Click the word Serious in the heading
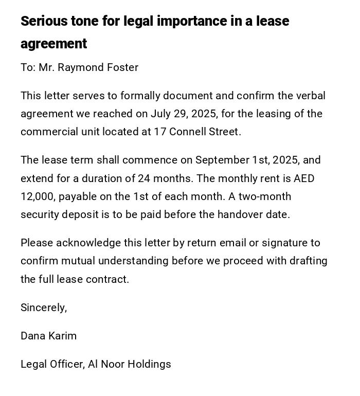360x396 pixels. click(45, 21)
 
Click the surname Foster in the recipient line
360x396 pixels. click(122, 67)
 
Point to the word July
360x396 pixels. click(161, 114)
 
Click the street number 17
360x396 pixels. click(159, 132)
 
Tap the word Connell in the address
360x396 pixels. click(186, 132)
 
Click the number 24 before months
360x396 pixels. click(143, 178)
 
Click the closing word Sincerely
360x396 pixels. click(44, 308)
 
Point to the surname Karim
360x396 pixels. click(63, 336)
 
